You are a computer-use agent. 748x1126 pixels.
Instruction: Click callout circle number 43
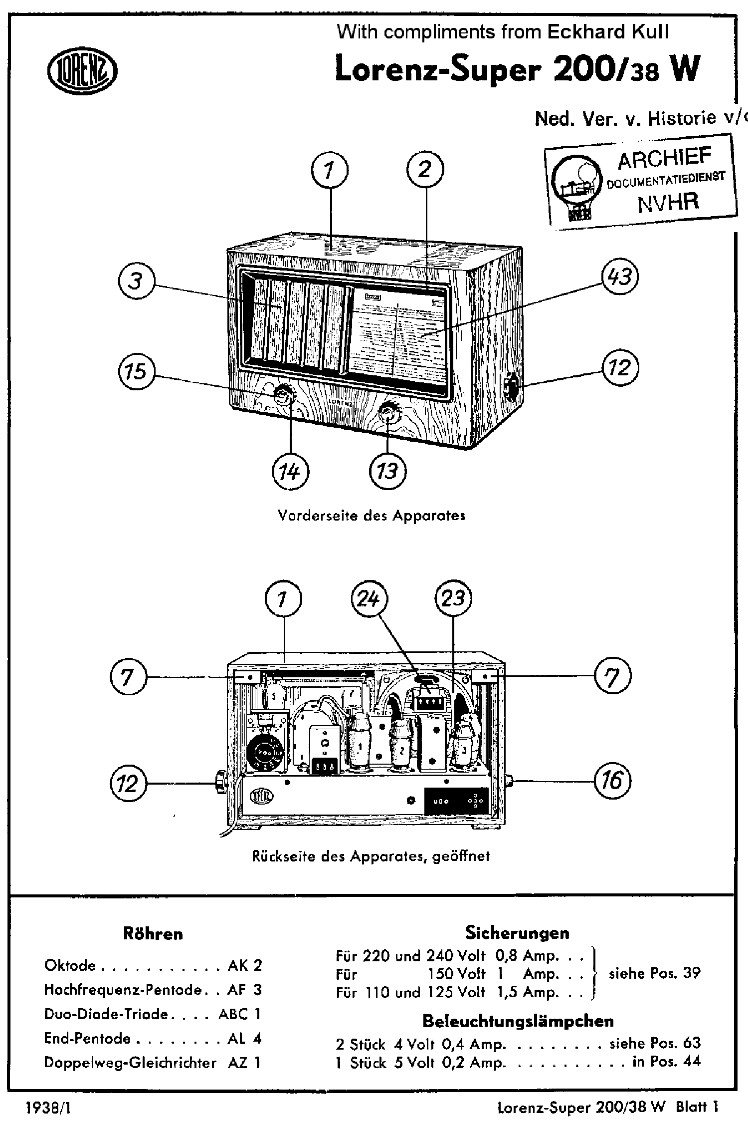click(620, 277)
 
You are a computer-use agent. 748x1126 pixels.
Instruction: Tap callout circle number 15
click(137, 371)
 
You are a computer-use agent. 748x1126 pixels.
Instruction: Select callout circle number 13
click(387, 471)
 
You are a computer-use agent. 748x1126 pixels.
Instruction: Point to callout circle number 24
click(370, 599)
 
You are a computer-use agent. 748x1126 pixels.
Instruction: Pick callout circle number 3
click(137, 281)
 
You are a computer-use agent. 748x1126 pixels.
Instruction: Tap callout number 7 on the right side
click(612, 677)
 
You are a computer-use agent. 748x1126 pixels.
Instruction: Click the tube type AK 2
click(244, 965)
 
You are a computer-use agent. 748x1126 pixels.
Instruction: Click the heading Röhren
click(153, 934)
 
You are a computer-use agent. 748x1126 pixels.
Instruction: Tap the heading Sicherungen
click(517, 932)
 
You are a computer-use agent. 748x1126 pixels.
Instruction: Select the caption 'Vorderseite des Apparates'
click(372, 516)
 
